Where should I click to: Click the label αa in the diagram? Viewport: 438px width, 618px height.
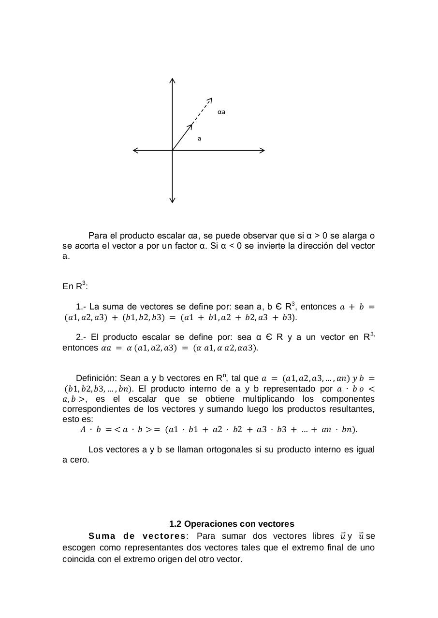(x=221, y=112)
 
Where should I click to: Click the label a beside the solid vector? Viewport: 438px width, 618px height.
(x=199, y=139)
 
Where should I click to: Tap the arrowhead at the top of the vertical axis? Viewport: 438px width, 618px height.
(x=173, y=80)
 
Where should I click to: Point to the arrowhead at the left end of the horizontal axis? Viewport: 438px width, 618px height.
(x=136, y=150)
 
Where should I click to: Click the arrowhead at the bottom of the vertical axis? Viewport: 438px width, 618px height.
(x=173, y=200)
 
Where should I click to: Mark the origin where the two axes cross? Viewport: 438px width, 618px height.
(x=173, y=150)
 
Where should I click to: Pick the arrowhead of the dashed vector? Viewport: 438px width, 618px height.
(x=210, y=100)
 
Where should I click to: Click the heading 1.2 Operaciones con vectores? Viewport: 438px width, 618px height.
(x=232, y=524)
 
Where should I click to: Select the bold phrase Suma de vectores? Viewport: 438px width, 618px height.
(x=137, y=536)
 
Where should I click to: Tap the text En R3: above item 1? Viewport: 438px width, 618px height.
(x=75, y=286)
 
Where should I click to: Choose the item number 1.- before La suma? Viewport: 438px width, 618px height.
(x=81, y=307)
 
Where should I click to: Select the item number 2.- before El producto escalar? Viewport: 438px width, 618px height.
(x=81, y=337)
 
